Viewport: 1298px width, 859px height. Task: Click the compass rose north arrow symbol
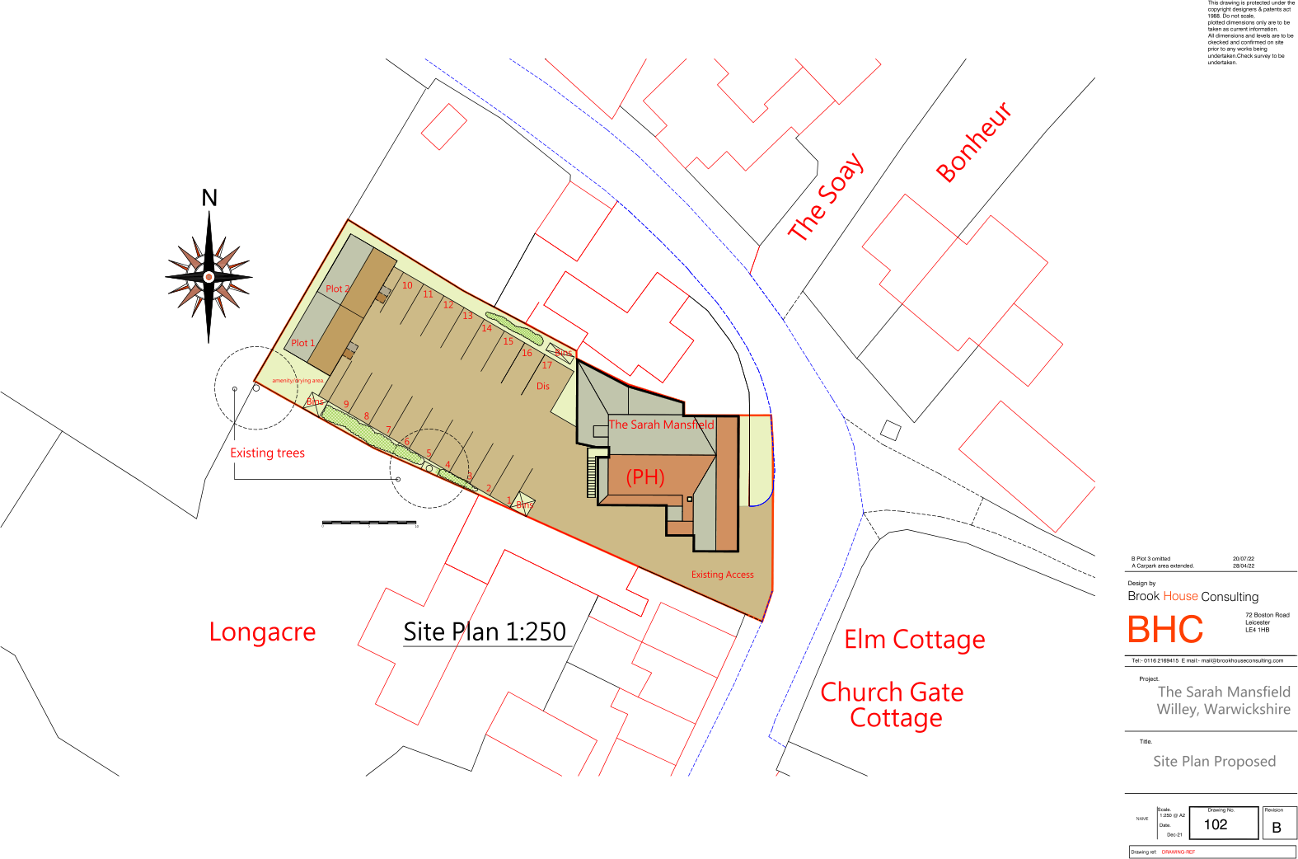pos(209,276)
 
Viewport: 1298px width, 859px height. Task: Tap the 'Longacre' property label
pos(262,632)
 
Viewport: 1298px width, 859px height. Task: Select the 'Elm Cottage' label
pos(914,640)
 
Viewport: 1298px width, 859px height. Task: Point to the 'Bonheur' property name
pos(973,142)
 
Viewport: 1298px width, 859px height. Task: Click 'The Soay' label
pos(826,197)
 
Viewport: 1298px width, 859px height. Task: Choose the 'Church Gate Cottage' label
pos(893,705)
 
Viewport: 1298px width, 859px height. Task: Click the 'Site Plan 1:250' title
pos(485,632)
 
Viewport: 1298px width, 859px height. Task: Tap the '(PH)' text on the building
pos(645,477)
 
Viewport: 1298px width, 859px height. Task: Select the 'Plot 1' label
pos(302,343)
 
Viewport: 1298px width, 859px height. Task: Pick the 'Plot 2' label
pos(337,289)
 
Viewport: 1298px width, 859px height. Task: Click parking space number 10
pos(407,286)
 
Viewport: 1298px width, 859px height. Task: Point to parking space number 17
pos(546,365)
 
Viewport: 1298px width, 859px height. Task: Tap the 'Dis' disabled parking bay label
pos(542,386)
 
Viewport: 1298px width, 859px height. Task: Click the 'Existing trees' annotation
pos(267,453)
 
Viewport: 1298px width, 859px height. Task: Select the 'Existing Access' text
pos(722,575)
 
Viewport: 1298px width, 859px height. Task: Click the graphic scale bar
pos(369,523)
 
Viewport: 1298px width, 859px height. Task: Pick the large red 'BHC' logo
pos(1164,631)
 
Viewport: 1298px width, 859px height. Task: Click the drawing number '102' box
pos(1216,824)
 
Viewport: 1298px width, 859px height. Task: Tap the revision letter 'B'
pos(1277,828)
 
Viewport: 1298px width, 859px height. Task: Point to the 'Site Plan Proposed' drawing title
pos(1214,762)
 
